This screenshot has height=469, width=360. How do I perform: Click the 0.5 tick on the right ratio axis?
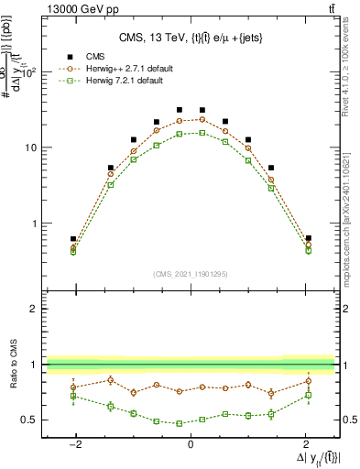[x=348, y=420]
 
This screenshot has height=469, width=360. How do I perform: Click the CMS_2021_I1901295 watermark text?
[x=190, y=274]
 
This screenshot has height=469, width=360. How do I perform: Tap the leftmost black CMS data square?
[x=73, y=239]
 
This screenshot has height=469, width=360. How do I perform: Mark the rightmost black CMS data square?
[x=309, y=238]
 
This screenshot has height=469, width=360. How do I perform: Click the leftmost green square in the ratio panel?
[x=73, y=396]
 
